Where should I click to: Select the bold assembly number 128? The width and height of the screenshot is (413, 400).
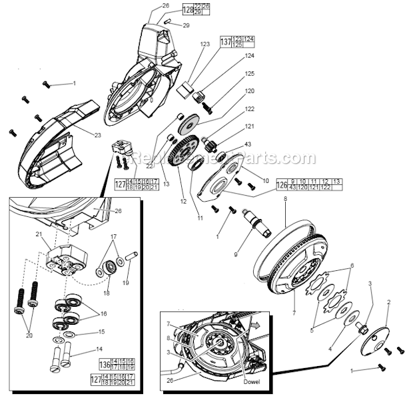click(169, 10)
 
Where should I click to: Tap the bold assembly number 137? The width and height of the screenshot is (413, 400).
click(226, 41)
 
